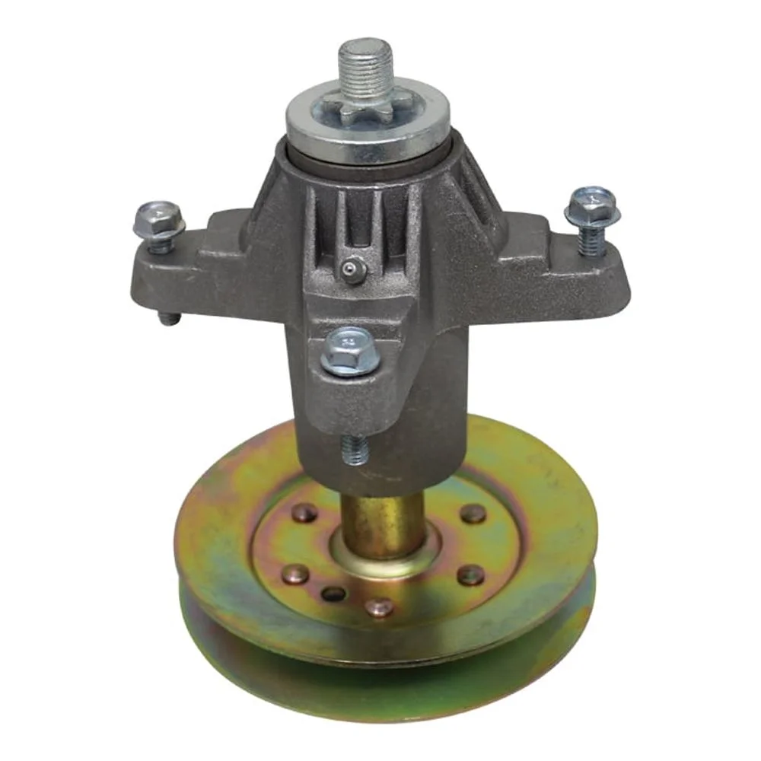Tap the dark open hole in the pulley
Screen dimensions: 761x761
coord(333,594)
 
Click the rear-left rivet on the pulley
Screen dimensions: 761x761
coord(304,512)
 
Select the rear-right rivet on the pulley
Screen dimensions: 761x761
coord(473,513)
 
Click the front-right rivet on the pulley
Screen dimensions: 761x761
coord(470,575)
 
